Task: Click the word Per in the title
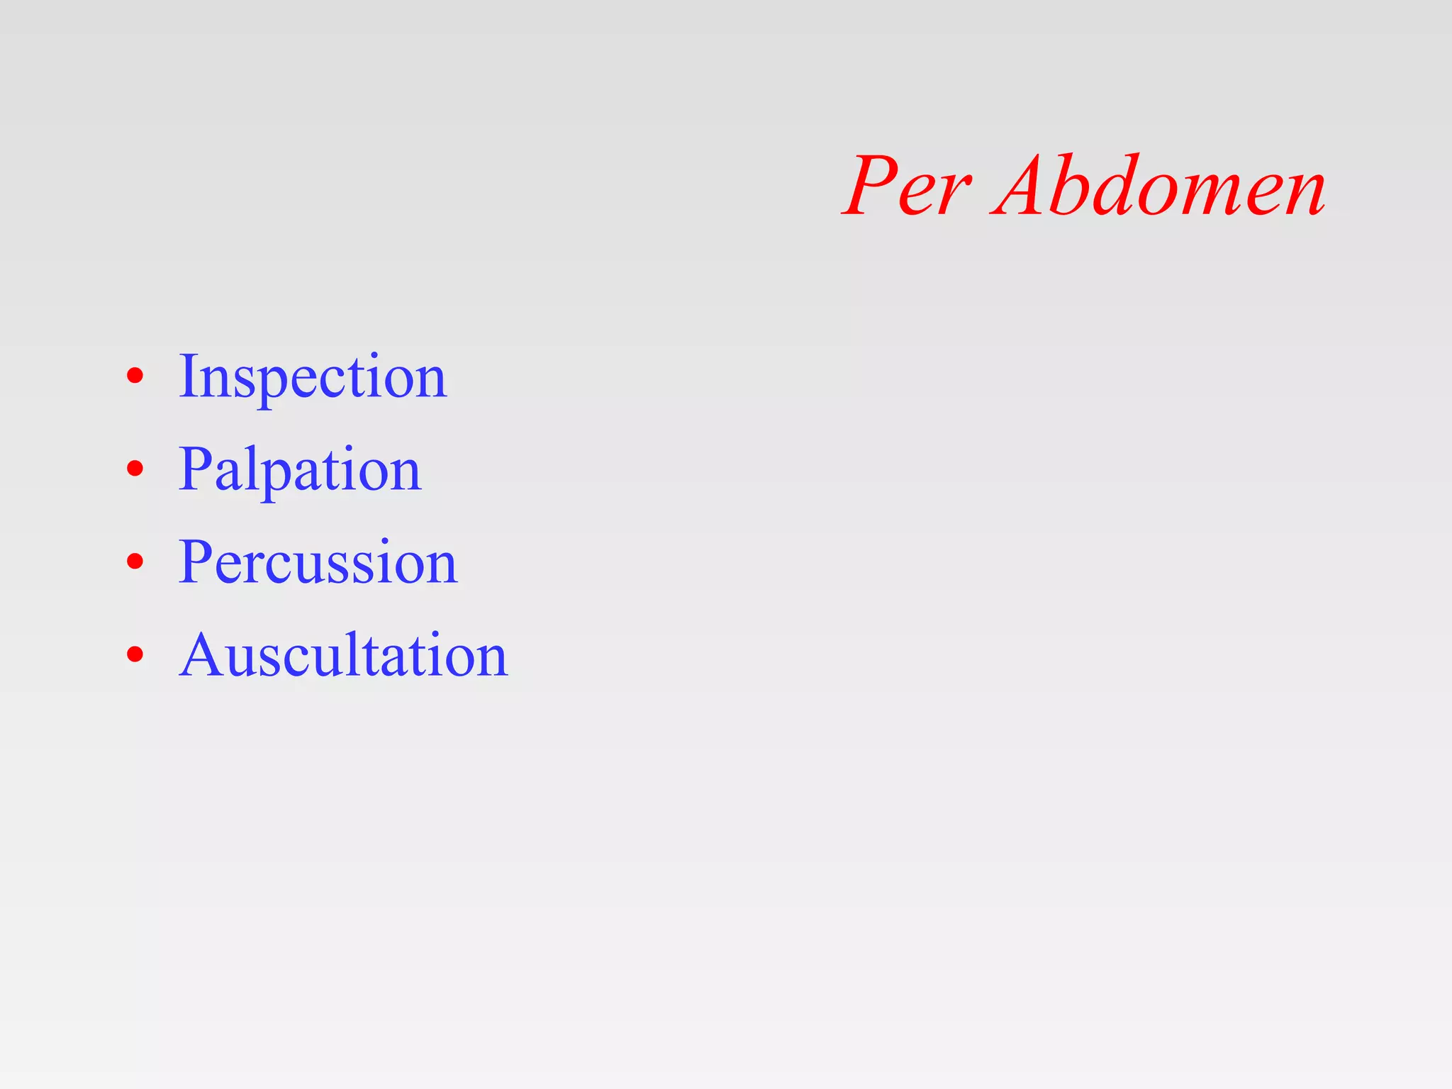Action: (907, 186)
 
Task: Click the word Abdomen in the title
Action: (1160, 186)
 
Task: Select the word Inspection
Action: (313, 377)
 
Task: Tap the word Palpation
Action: (300, 469)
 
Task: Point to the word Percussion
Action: (318, 562)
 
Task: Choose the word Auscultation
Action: (343, 656)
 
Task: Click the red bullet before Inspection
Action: (135, 376)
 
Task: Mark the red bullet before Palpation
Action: (135, 469)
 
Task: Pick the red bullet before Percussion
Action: (135, 562)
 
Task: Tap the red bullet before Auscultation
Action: (135, 654)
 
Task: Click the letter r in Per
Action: (954, 195)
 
